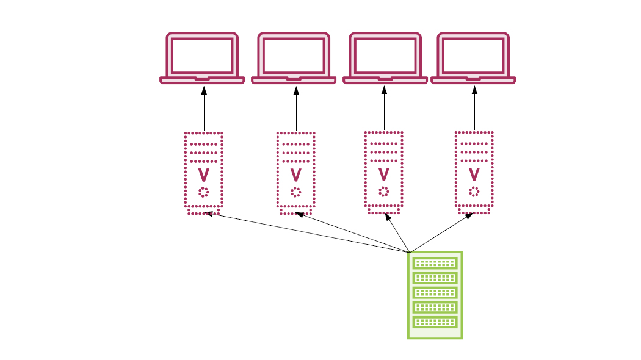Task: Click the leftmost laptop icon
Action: point(202,58)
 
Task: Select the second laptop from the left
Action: point(294,58)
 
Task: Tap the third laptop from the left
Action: point(385,58)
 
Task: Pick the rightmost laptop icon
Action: point(474,58)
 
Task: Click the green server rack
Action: point(435,294)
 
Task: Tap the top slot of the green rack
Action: point(435,264)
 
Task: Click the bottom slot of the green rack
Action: point(435,322)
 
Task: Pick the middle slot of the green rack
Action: point(435,292)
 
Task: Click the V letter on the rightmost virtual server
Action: point(474,175)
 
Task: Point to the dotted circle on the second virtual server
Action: point(295,193)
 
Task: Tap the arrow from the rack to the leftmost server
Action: point(305,232)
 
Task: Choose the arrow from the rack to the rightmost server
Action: point(441,232)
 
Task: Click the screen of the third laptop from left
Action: point(385,55)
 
